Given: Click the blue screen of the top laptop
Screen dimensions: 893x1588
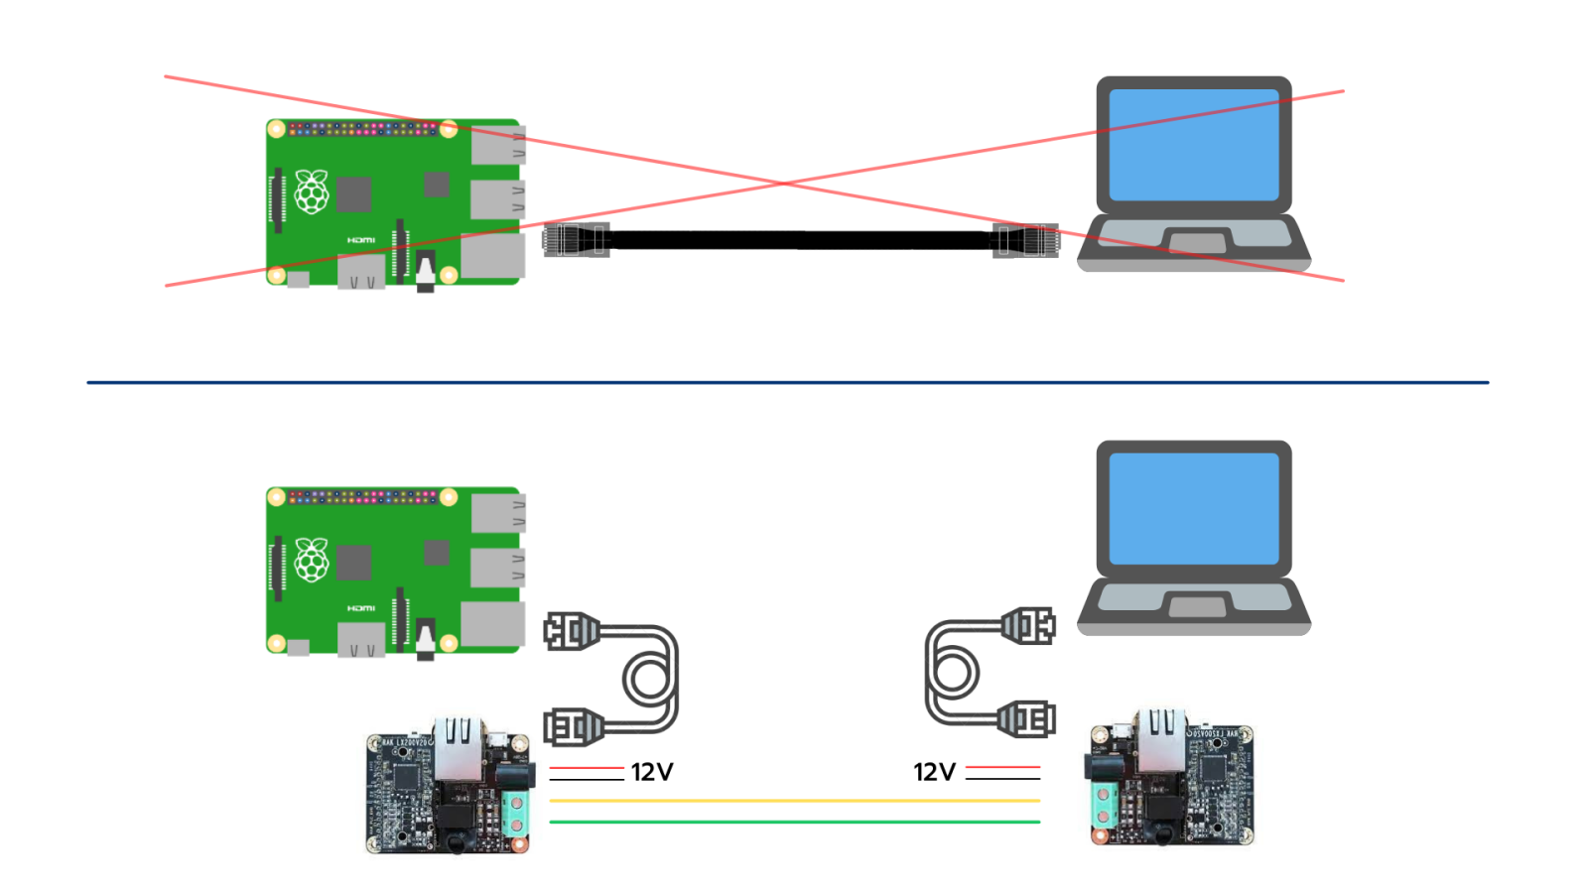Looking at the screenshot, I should [x=1193, y=145].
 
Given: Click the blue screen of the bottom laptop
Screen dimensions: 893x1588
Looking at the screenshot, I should [x=1193, y=509].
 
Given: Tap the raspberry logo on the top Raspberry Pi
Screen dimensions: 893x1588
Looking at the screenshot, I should [x=312, y=191].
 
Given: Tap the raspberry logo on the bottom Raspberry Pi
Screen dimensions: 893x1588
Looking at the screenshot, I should [x=312, y=560].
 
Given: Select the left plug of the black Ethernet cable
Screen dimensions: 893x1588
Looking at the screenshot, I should [x=576, y=240].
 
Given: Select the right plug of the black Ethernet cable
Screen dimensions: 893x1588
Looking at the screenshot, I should [x=1026, y=240].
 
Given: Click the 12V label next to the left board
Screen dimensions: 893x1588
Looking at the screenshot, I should [x=652, y=772].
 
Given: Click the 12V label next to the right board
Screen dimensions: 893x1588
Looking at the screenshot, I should [x=934, y=772].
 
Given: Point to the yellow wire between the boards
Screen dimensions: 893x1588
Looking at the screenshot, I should [x=794, y=800].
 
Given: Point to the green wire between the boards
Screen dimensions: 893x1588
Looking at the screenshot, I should [x=794, y=822].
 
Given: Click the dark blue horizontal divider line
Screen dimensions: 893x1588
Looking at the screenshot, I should [x=787, y=382].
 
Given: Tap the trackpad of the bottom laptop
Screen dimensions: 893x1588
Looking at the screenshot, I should [x=1196, y=604].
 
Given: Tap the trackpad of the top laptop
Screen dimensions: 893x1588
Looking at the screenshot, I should [x=1196, y=241].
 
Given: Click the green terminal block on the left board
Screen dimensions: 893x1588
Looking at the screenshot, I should [x=515, y=814].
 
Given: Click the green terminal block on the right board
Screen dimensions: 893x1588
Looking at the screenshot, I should [x=1103, y=806].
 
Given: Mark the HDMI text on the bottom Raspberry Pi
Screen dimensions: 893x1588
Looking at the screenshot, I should [x=361, y=608].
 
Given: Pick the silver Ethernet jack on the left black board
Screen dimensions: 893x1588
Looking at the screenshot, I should [x=458, y=750].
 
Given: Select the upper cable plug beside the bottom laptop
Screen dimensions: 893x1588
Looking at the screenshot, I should [x=1028, y=626].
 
